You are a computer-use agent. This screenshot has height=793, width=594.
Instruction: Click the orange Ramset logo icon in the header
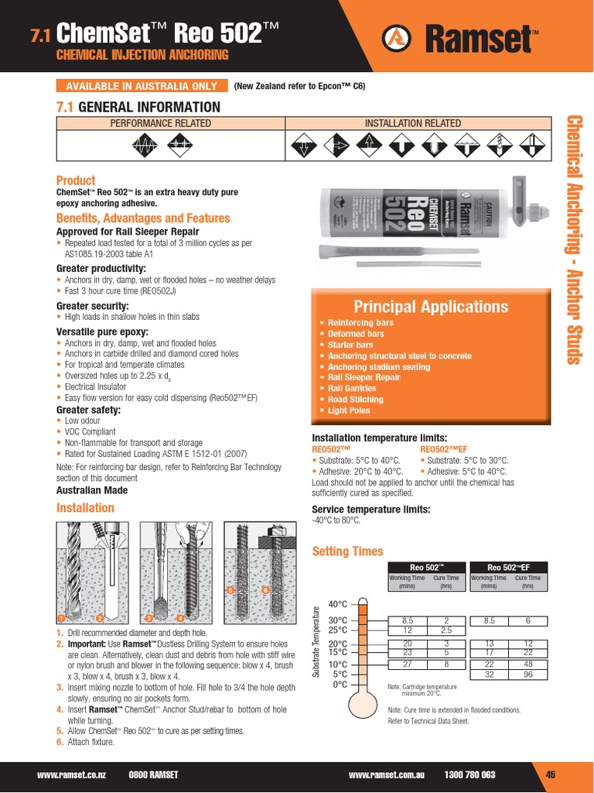click(x=398, y=36)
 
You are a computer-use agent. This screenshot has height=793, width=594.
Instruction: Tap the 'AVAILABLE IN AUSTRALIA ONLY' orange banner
click(x=142, y=86)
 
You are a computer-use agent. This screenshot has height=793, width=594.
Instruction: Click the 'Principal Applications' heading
click(x=430, y=307)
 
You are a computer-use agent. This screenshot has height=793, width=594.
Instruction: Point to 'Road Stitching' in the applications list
click(x=355, y=400)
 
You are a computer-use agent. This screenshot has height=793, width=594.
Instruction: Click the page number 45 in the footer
click(x=551, y=774)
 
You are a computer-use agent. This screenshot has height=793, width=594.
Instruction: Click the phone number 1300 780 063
click(x=470, y=774)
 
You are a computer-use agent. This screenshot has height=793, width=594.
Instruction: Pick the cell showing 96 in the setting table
click(x=527, y=675)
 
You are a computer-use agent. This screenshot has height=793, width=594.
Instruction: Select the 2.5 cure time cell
click(x=446, y=630)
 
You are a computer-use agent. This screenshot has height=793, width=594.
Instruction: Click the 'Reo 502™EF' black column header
click(x=508, y=566)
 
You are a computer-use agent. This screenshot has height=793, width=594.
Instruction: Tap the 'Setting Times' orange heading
click(x=346, y=551)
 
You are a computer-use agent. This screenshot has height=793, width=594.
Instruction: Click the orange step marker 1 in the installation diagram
click(x=61, y=618)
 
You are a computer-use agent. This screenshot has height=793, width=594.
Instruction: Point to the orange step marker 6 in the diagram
click(x=265, y=591)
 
